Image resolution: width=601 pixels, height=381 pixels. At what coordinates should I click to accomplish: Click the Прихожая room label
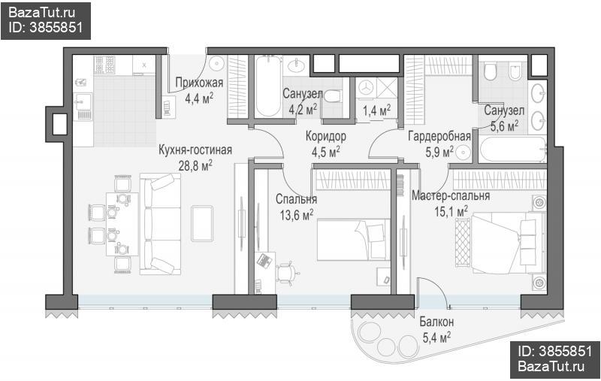(x=199, y=83)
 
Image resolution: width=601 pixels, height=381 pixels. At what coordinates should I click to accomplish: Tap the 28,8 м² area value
(x=195, y=165)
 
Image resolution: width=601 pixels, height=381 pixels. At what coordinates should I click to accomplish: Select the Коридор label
(x=326, y=136)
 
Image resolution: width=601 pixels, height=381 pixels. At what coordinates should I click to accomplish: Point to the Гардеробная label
(x=439, y=136)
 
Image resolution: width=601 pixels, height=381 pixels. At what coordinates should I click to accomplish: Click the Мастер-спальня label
(x=451, y=195)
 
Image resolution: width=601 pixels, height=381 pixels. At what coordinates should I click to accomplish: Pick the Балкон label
(x=436, y=322)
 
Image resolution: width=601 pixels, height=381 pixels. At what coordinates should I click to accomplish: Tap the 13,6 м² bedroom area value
(x=296, y=215)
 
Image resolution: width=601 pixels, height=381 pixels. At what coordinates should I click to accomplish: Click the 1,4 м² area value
(x=377, y=110)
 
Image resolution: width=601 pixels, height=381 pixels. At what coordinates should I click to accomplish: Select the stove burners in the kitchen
(x=104, y=65)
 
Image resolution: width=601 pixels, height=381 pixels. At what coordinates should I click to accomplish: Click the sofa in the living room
(x=160, y=224)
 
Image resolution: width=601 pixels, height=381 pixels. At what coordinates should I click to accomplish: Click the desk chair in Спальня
(x=287, y=273)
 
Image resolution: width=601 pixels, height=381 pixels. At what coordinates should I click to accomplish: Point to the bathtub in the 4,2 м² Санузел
(x=268, y=86)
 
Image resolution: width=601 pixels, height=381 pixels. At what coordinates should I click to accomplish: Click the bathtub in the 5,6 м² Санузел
(x=512, y=150)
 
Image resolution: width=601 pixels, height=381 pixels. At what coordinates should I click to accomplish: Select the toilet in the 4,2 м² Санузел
(x=332, y=96)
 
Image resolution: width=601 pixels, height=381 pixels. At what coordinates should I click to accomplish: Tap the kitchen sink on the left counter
(x=83, y=101)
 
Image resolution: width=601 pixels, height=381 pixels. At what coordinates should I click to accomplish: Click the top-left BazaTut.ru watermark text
(x=41, y=13)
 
